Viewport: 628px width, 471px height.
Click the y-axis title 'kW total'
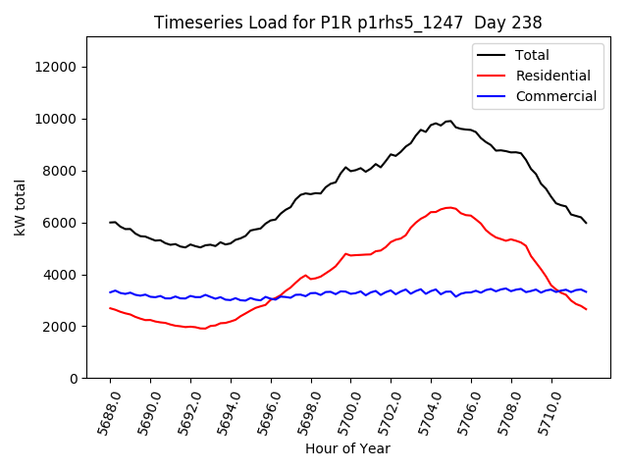tap(22, 207)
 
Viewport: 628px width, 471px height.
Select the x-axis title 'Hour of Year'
tap(347, 448)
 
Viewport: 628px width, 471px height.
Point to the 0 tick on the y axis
tap(74, 379)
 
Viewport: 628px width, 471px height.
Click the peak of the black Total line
tap(450, 121)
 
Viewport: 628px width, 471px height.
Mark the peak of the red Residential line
tap(448, 207)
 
